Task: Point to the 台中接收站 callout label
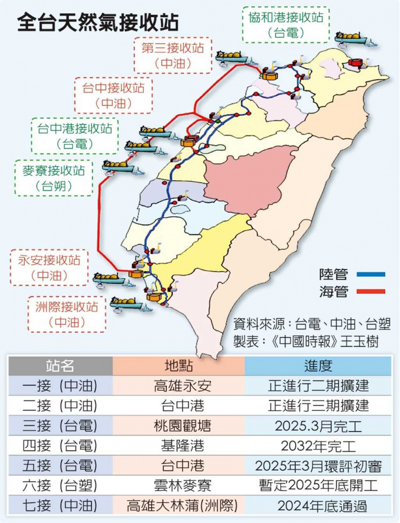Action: (114, 95)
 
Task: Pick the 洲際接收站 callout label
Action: (67, 314)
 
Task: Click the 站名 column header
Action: (60, 365)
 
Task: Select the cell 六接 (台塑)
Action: (60, 485)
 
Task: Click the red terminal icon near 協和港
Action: (356, 63)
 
